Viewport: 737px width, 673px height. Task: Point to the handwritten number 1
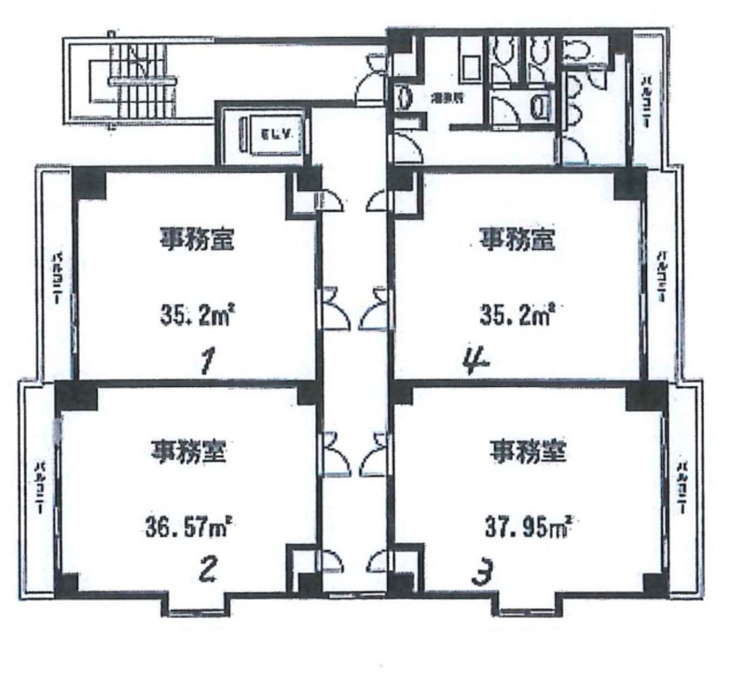point(206,361)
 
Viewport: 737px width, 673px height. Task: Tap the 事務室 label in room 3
point(527,454)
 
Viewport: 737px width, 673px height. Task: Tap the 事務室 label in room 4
point(517,239)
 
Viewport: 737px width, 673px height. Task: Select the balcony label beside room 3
point(682,487)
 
